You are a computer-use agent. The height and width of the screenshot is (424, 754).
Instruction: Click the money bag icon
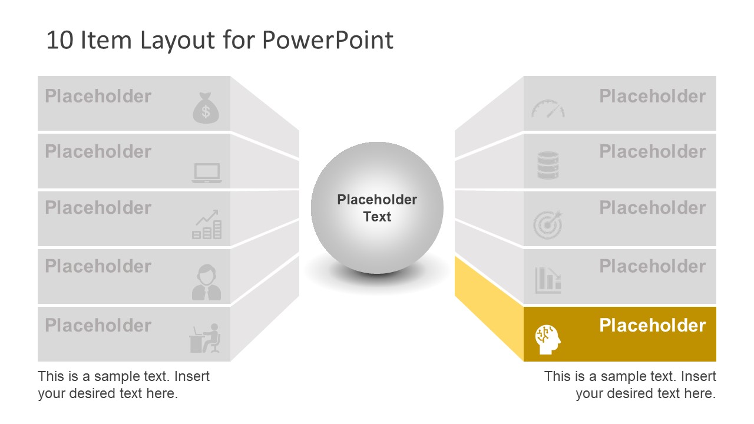(206, 108)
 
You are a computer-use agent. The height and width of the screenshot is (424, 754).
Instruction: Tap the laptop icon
(207, 173)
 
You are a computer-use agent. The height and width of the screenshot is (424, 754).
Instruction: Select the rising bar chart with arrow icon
(207, 224)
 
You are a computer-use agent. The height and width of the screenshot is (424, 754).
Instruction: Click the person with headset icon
(206, 283)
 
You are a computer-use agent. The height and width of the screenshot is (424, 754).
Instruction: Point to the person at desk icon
(205, 339)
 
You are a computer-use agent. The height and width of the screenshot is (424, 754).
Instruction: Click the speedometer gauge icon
(548, 108)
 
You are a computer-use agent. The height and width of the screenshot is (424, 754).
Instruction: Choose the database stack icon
(548, 165)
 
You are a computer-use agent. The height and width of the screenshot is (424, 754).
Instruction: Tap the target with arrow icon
(548, 225)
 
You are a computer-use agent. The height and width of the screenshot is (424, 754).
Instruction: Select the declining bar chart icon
(548, 280)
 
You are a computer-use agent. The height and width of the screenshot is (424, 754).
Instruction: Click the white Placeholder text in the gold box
(652, 325)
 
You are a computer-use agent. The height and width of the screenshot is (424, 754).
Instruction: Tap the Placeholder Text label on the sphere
(377, 208)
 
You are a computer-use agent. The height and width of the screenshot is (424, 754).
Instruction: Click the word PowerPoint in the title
(328, 40)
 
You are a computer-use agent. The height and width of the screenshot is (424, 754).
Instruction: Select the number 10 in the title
(58, 40)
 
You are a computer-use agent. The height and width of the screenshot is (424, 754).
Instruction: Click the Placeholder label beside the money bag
(98, 96)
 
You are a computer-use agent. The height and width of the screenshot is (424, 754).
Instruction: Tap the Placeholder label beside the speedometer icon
(652, 96)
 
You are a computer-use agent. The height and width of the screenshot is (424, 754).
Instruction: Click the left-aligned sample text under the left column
(124, 385)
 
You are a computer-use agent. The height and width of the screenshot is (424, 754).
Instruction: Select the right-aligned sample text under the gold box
(630, 385)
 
